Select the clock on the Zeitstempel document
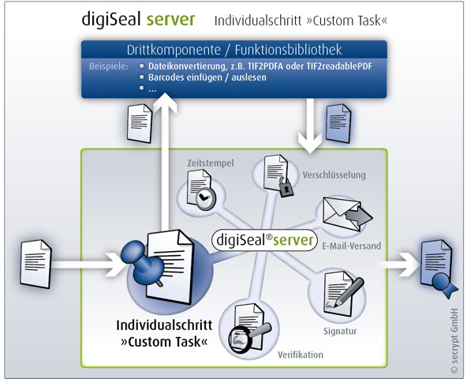tap(205, 198)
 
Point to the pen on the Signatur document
tap(349, 292)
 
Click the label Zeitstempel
tap(211, 163)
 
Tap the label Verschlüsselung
tap(334, 174)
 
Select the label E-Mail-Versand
tap(352, 246)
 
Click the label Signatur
tap(340, 332)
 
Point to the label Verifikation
tap(301, 355)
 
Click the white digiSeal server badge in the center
tap(264, 240)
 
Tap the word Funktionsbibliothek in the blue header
tap(288, 50)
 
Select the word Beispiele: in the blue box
tap(108, 66)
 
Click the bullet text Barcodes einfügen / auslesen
tap(207, 77)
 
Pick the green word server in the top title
tap(171, 20)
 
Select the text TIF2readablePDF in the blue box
tap(339, 66)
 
